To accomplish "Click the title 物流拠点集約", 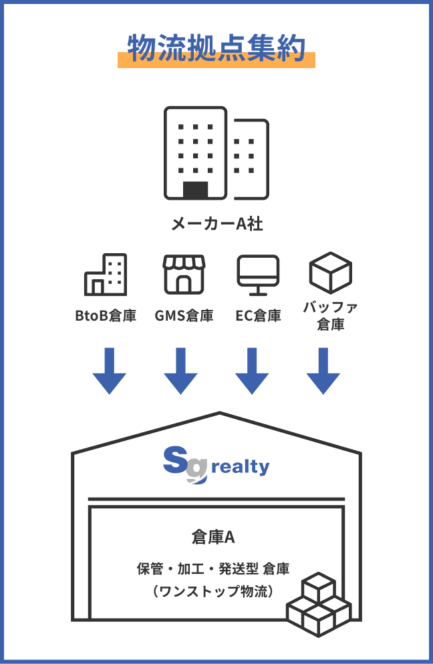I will (216, 49).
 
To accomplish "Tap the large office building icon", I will (216, 153).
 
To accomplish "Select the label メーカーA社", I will (216, 224).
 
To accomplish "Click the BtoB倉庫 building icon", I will (106, 275).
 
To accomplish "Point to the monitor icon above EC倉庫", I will (258, 275).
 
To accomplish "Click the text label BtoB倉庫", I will (106, 315).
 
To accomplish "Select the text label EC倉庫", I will (258, 315).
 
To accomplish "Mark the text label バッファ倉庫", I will (330, 316).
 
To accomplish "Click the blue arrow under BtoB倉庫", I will (109, 371).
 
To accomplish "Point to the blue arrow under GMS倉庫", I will (180, 371).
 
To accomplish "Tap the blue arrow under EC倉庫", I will (252, 371).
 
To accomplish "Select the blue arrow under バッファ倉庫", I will (323, 371).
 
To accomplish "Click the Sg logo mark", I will (184, 464).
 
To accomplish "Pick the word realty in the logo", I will (240, 466).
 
